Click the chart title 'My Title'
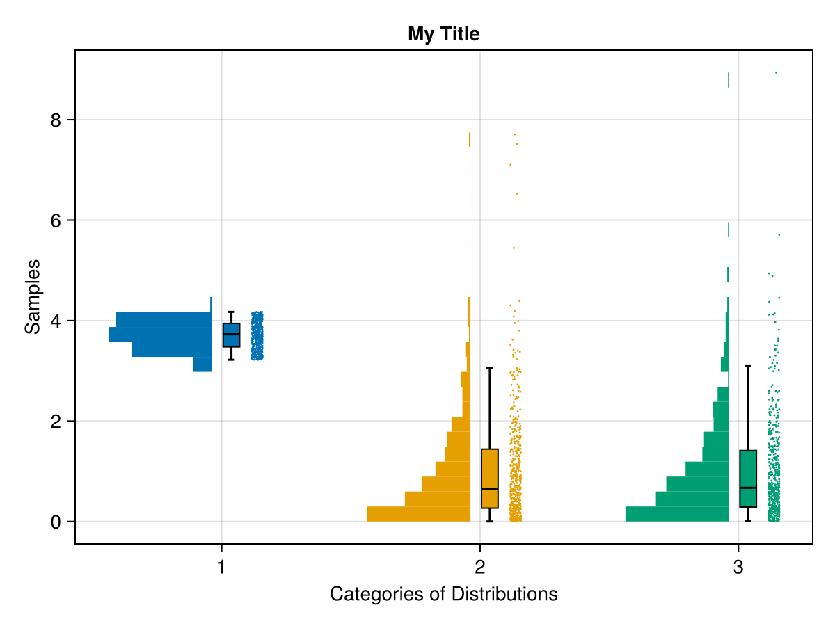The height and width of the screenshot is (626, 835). click(443, 33)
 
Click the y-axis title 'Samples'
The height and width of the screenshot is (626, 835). click(33, 296)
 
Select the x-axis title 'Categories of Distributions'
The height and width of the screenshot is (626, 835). click(443, 595)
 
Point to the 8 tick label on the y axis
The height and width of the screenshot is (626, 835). click(56, 120)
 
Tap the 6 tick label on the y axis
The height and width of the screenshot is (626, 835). click(56, 220)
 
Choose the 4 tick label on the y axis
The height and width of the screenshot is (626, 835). click(56, 321)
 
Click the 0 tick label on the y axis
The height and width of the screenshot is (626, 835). click(56, 522)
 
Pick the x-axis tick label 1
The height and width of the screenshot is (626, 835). click(221, 568)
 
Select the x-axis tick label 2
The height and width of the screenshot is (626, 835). click(479, 568)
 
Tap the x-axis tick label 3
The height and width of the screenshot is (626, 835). click(738, 568)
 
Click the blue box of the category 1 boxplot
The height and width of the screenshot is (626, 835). click(231, 335)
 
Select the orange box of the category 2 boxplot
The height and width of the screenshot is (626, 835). click(490, 479)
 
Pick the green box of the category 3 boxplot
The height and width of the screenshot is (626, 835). click(748, 479)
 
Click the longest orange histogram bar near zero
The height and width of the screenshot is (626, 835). click(418, 514)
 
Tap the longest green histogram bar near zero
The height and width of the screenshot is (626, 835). click(676, 514)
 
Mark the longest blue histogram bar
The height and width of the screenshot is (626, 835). click(160, 335)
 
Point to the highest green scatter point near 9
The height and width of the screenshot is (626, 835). click(776, 72)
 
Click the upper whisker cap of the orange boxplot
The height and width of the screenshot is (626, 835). click(490, 368)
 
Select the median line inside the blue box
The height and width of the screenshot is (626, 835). click(231, 335)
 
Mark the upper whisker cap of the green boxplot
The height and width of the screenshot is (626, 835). click(748, 366)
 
